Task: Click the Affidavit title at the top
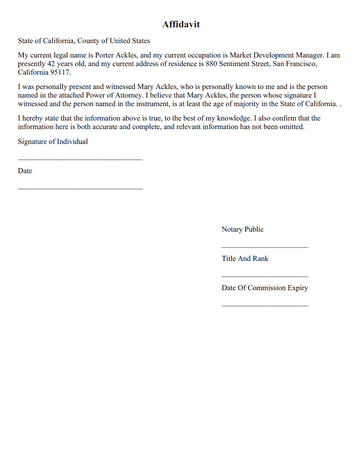pyautogui.click(x=180, y=22)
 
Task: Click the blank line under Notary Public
pyautogui.click(x=264, y=247)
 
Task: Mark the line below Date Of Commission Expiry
pyautogui.click(x=264, y=305)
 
